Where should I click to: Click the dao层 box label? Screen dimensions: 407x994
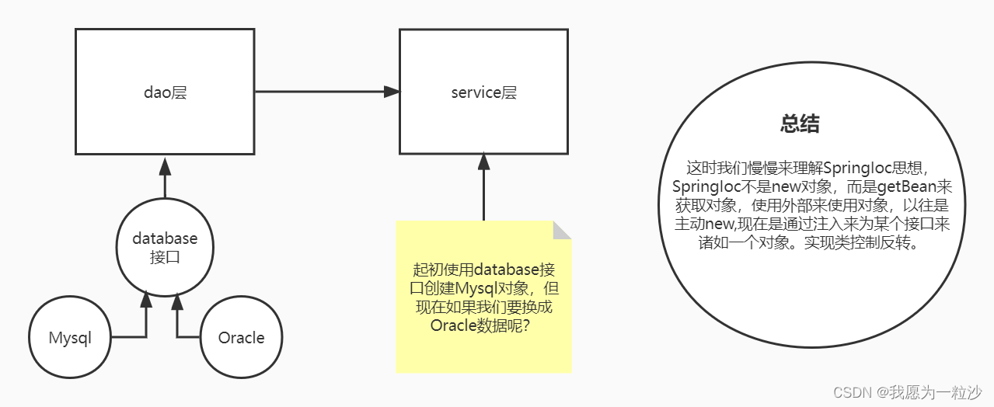[165, 93]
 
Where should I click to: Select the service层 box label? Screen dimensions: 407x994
[483, 93]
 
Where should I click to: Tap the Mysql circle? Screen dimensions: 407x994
[70, 338]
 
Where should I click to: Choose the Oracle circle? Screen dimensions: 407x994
[241, 338]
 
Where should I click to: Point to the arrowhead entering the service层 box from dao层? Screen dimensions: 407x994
[392, 92]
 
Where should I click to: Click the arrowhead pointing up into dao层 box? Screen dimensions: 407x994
[165, 165]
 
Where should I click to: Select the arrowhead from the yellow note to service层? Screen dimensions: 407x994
[483, 162]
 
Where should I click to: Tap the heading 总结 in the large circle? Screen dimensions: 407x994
[800, 124]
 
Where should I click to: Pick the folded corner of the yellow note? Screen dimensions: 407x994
[562, 230]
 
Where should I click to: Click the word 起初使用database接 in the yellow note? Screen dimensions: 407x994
[483, 270]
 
